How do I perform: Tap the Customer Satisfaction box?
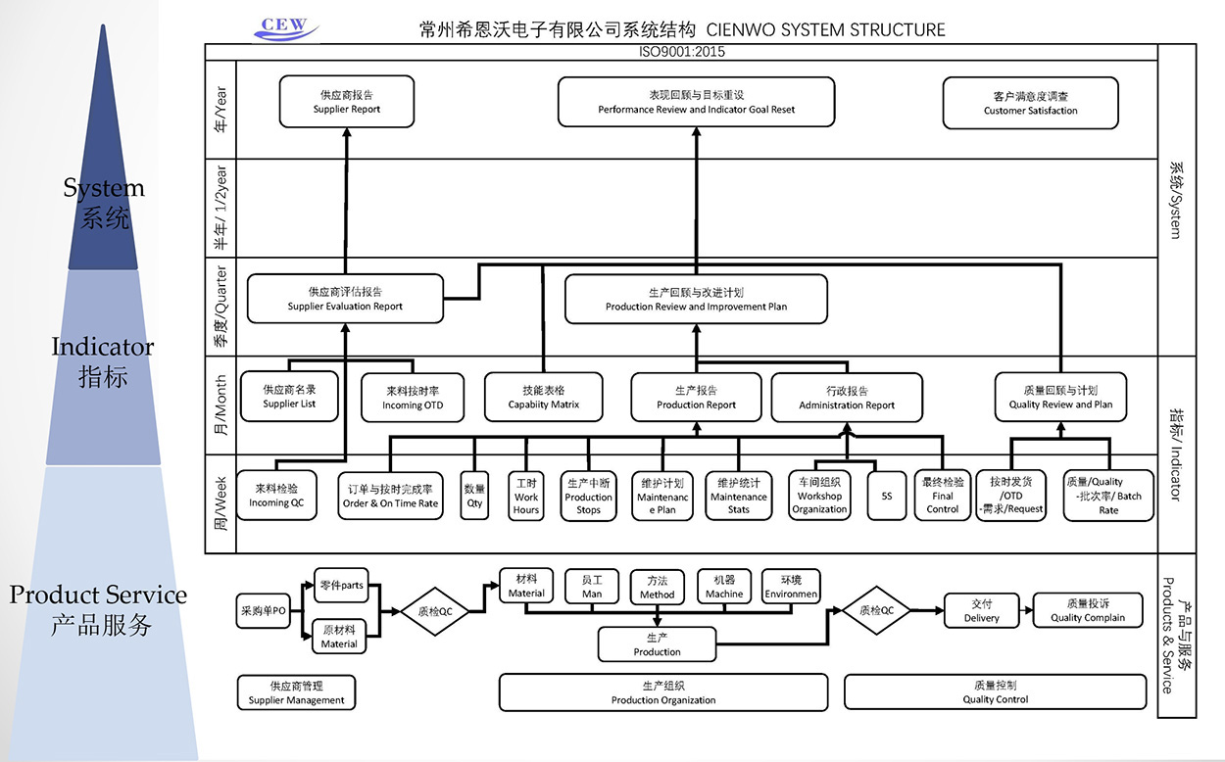pyautogui.click(x=1030, y=104)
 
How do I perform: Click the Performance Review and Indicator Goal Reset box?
pyautogui.click(x=697, y=103)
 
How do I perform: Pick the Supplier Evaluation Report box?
pyautogui.click(x=345, y=299)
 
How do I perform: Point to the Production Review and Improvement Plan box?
pyautogui.click(x=696, y=299)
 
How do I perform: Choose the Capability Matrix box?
pyautogui.click(x=543, y=397)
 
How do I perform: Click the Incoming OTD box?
pyautogui.click(x=413, y=398)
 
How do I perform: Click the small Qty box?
pyautogui.click(x=474, y=496)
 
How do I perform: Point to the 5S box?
pyautogui.click(x=887, y=497)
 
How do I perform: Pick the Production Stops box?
pyautogui.click(x=588, y=497)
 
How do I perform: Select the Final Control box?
pyautogui.click(x=942, y=496)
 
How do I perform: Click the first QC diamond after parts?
pyautogui.click(x=435, y=611)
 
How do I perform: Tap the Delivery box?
pyautogui.click(x=981, y=611)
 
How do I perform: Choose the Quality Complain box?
pyautogui.click(x=1088, y=611)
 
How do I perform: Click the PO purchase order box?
pyautogui.click(x=263, y=611)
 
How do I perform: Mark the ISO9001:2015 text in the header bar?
pyautogui.click(x=682, y=52)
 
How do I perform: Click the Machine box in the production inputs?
pyautogui.click(x=724, y=587)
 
